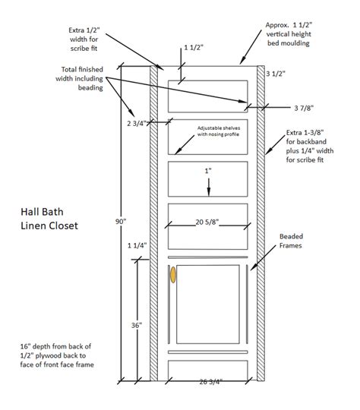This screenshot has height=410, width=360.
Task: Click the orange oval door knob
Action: click(173, 274)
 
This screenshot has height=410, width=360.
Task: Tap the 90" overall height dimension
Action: click(120, 221)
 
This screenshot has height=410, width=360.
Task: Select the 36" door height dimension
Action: click(137, 325)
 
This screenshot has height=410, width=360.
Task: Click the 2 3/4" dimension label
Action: click(137, 121)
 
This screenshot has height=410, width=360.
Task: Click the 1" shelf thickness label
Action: click(207, 172)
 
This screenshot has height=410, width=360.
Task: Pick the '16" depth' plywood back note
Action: click(55, 358)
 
